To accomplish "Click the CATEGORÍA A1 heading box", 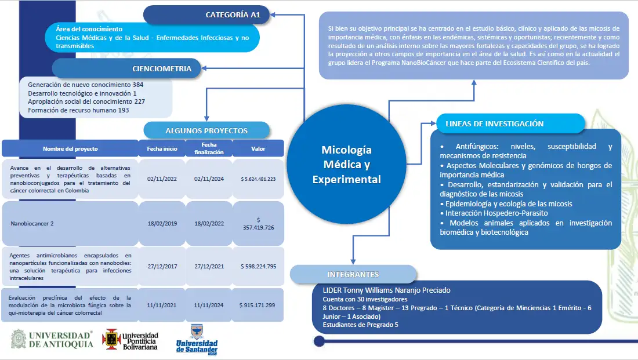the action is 206,14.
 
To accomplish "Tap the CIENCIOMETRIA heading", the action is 126,68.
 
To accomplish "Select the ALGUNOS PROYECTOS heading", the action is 206,130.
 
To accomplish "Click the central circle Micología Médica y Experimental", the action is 346,164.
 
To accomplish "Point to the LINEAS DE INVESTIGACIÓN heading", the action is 510,123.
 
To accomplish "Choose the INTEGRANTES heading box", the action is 353,274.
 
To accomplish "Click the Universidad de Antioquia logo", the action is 52,339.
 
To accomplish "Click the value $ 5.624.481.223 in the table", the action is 258,179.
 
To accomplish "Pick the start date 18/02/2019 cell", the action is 162,223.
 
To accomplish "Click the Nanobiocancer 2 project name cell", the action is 70,223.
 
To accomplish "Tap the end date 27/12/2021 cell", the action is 209,267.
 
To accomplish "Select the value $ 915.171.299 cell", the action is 258,305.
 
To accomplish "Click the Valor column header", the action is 258,149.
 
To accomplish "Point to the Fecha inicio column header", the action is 162,149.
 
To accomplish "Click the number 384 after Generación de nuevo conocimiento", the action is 138,85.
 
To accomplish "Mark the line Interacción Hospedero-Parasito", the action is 494,213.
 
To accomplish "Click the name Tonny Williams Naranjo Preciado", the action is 397,290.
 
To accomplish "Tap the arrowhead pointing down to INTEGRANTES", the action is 353,261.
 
